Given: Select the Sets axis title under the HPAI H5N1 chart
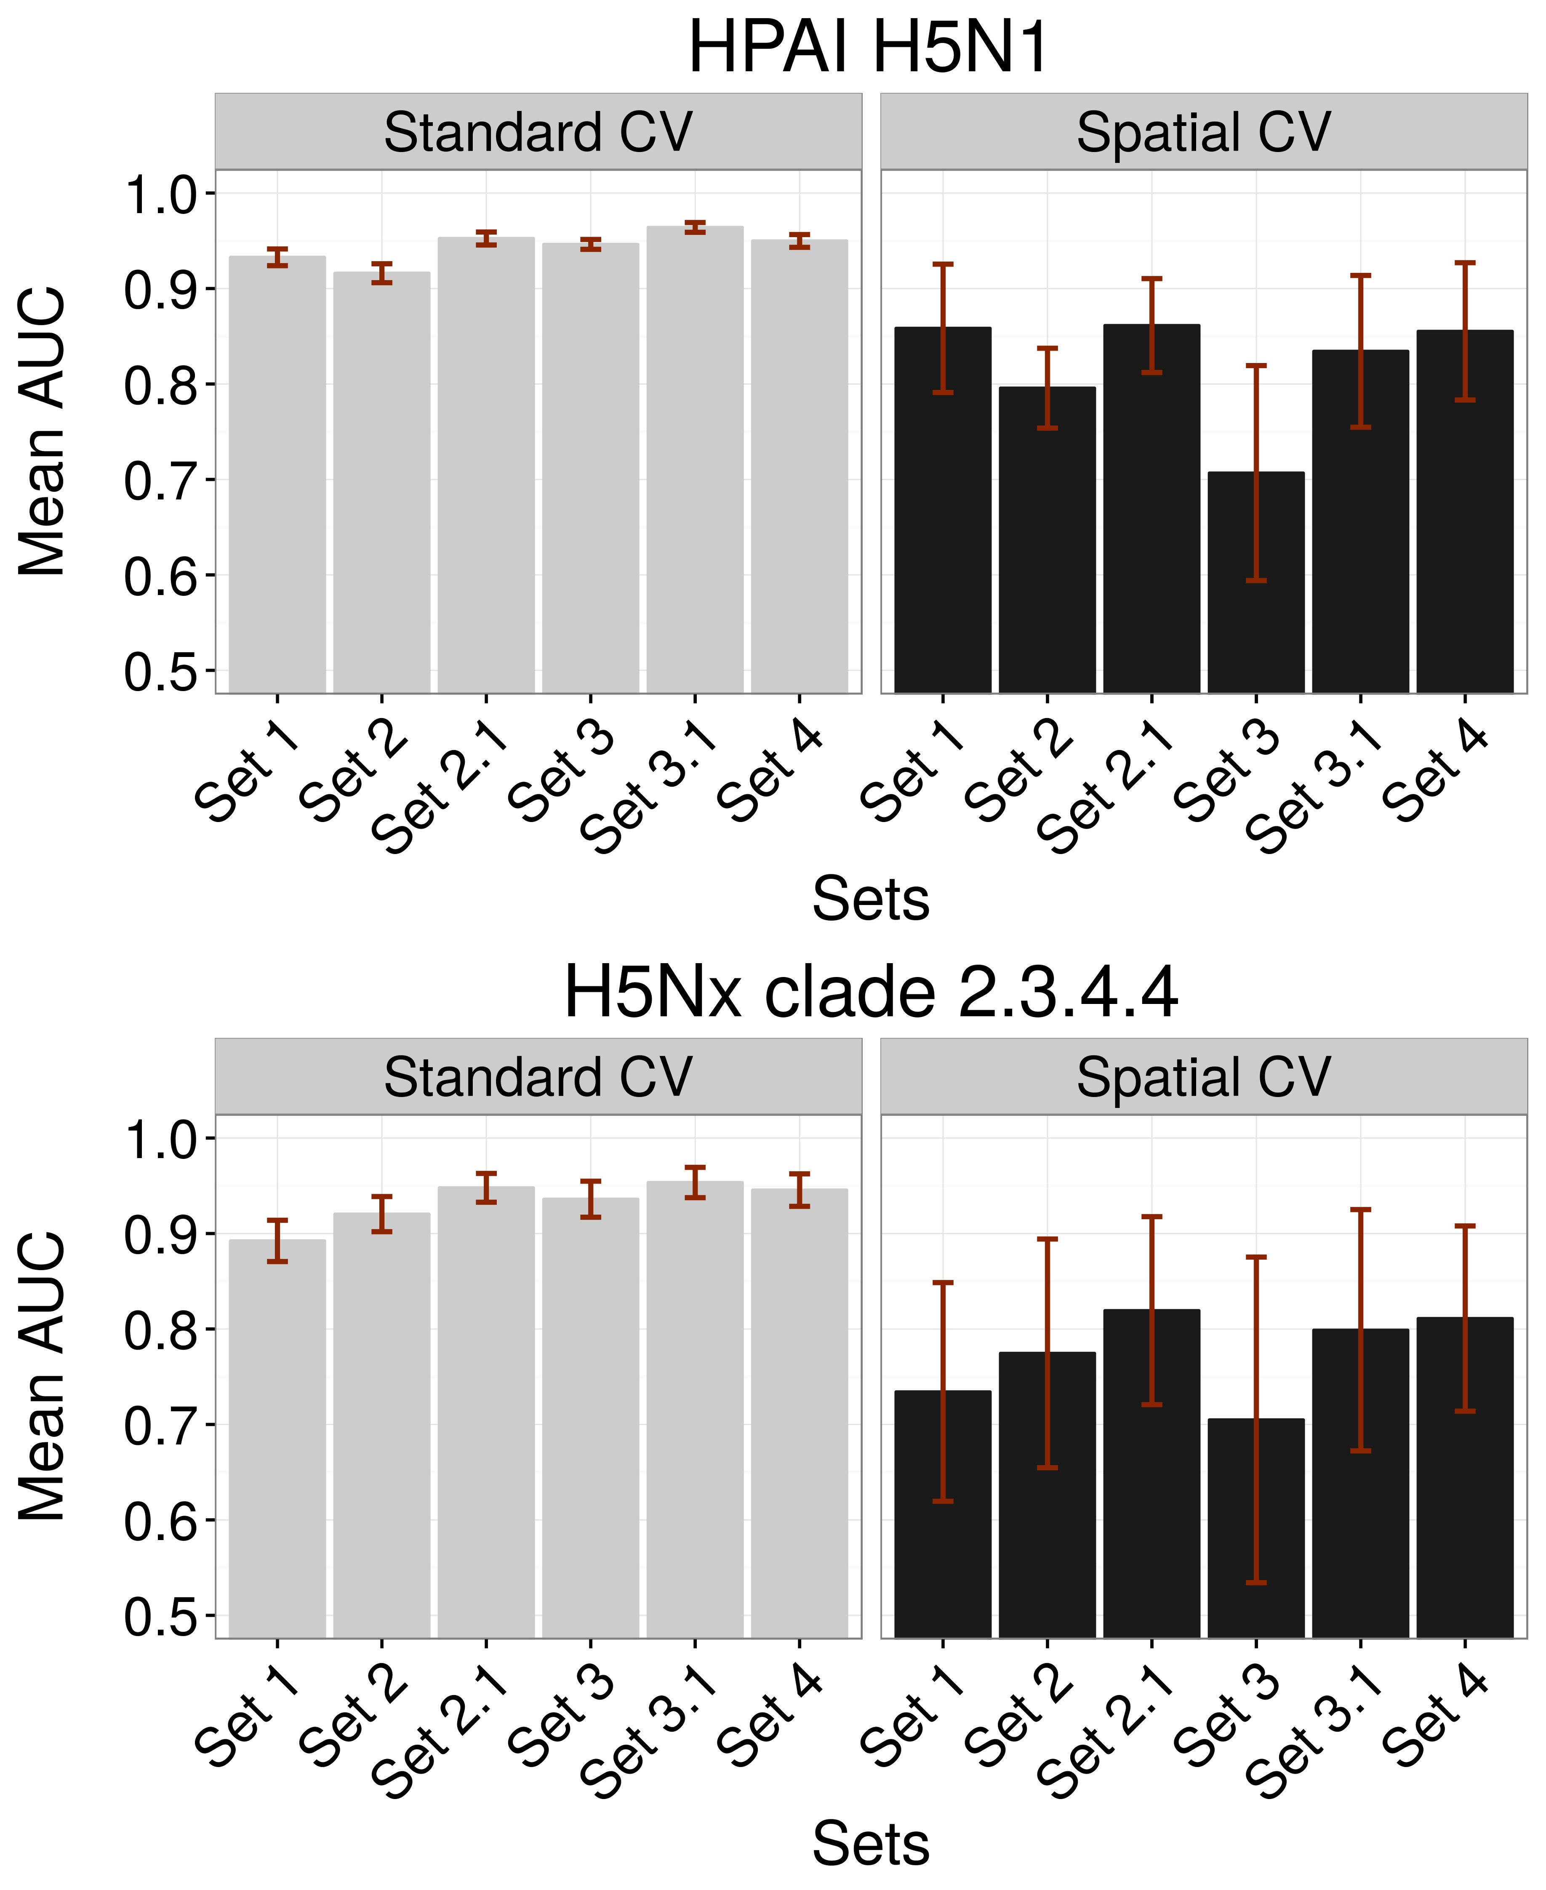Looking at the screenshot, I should click(870, 900).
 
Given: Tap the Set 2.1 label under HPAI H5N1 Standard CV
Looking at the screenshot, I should click(441, 787).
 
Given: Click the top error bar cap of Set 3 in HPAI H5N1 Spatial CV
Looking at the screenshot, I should click(1255, 365).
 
